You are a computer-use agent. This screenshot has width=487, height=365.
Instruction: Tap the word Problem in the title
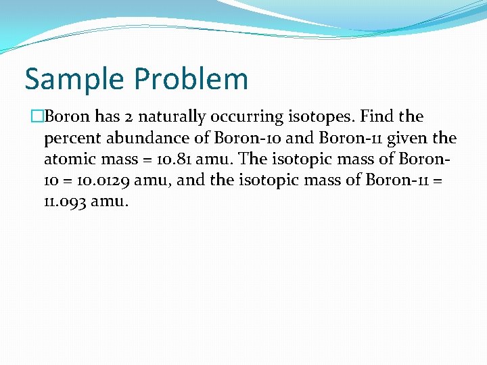191,79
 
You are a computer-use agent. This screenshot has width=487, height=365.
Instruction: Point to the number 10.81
172,160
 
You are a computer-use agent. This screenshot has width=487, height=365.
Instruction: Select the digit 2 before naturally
132,117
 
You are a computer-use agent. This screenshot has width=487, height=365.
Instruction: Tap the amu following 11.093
108,202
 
